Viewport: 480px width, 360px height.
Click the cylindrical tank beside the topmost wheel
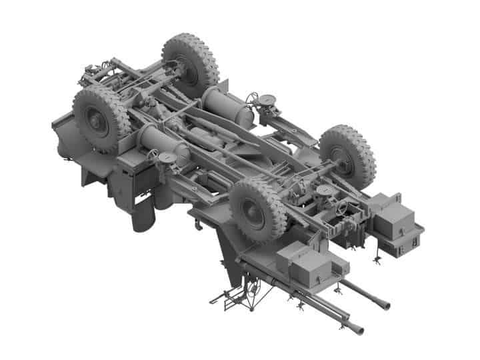(227, 107)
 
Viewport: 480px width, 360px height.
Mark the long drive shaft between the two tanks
(220, 137)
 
